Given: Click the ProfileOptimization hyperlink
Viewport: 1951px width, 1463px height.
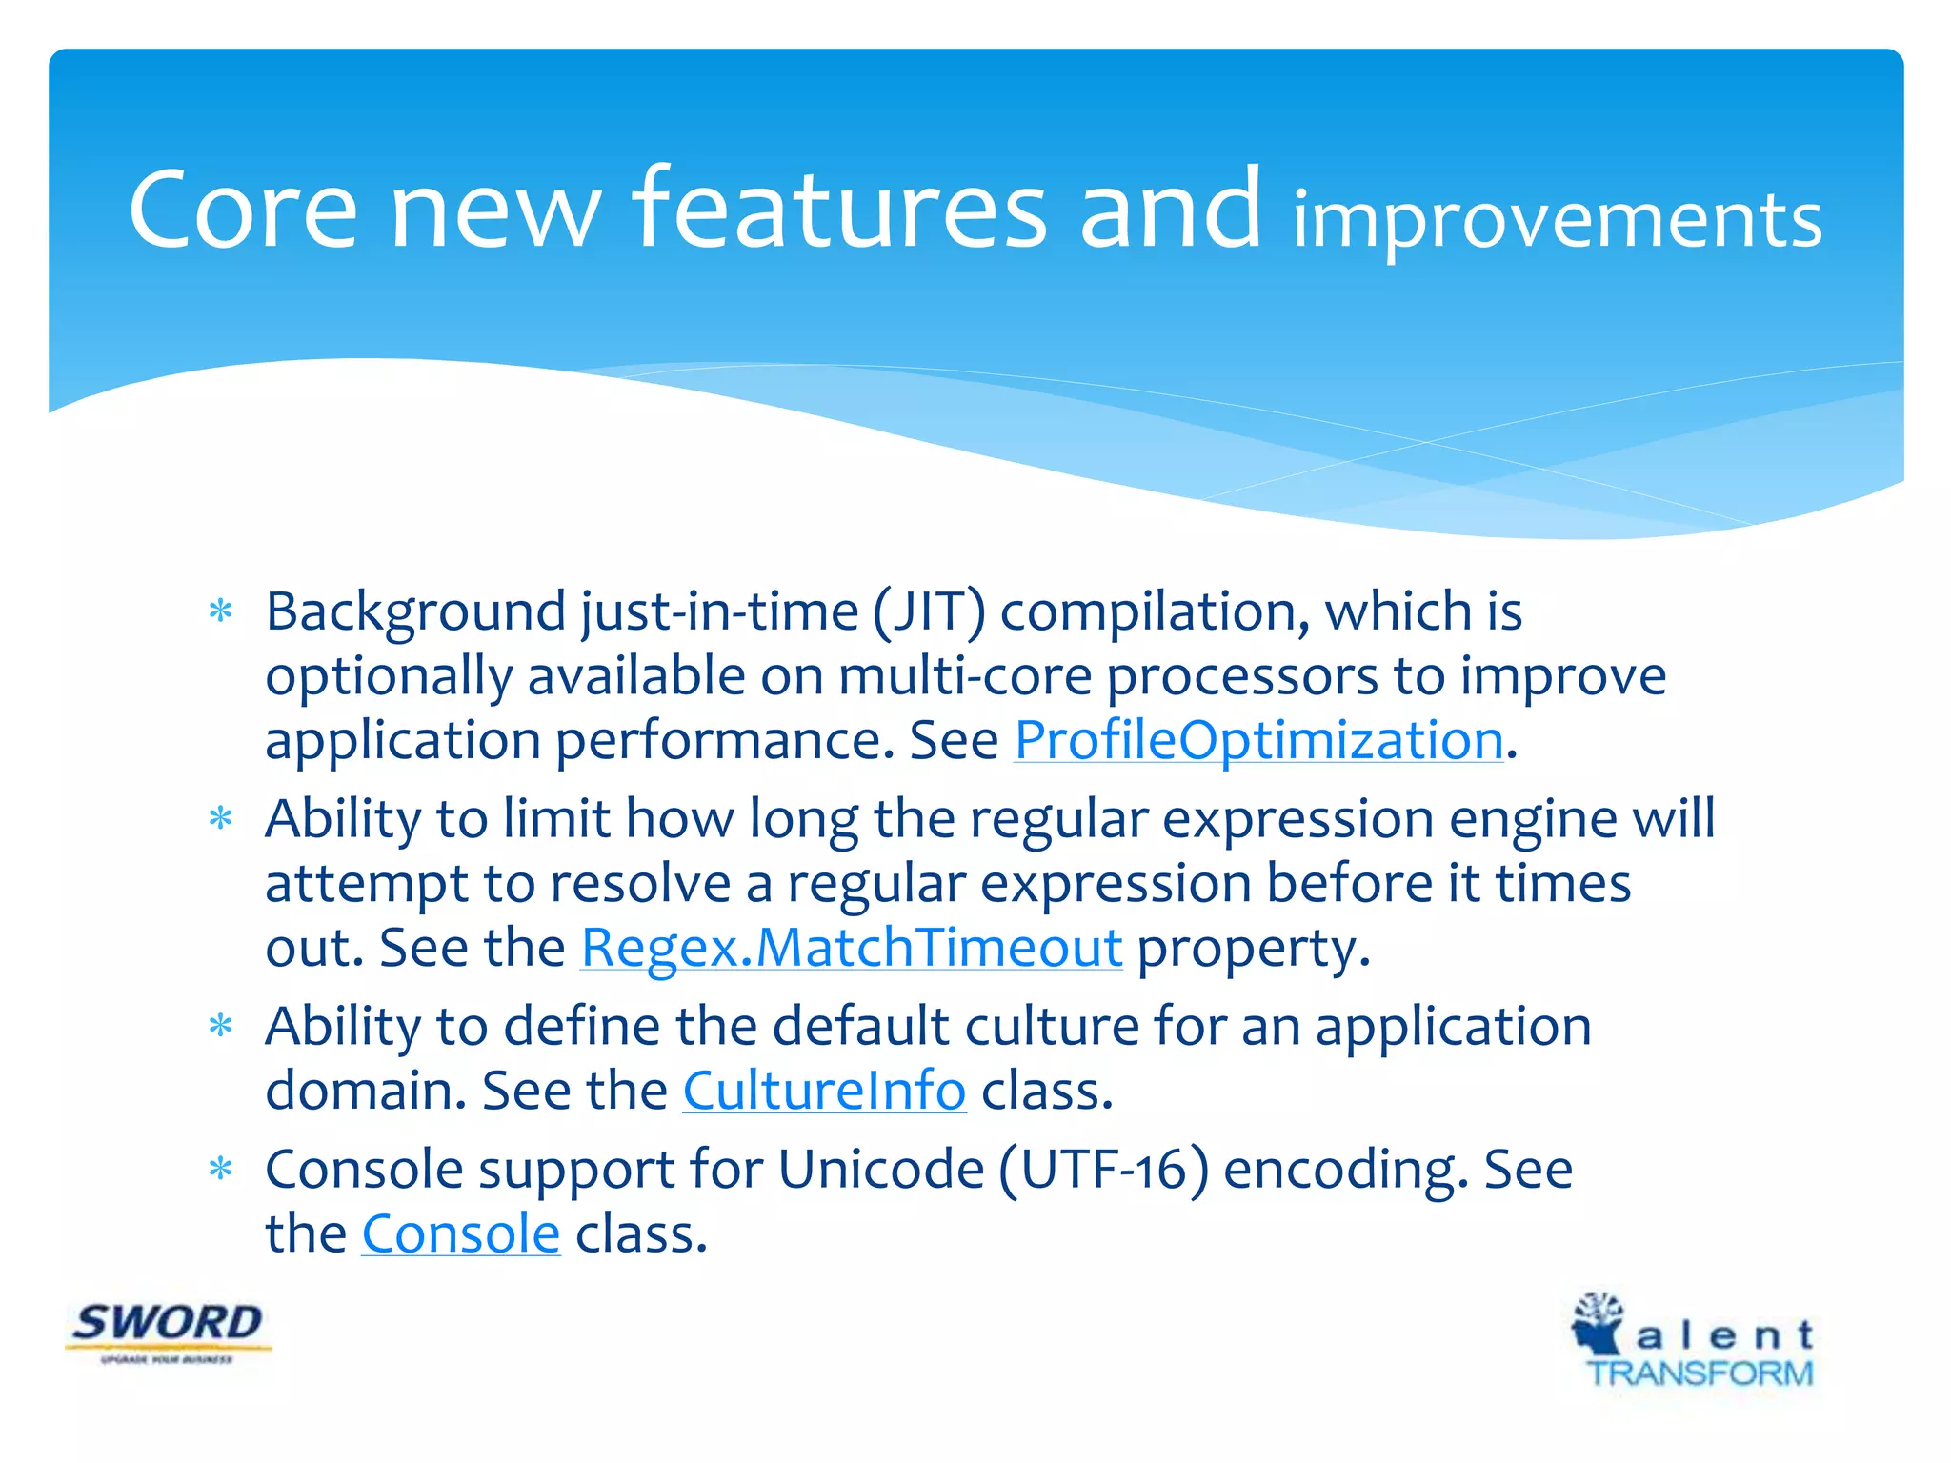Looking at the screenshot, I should pos(1258,740).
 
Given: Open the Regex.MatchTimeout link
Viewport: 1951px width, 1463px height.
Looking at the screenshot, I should pos(851,948).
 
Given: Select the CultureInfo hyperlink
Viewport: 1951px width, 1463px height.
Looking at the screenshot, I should pos(824,1091).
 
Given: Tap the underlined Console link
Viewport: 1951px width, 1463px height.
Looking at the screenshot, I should pos(460,1233).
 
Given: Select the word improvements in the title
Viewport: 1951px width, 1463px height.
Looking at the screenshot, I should pos(1556,221).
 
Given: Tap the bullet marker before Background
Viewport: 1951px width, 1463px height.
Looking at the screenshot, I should pos(221,611).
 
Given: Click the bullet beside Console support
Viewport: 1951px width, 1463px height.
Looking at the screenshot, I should pos(221,1170).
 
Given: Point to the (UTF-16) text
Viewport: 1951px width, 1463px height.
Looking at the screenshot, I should pos(1103,1170).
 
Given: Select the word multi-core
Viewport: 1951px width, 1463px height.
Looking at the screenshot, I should pos(964,676).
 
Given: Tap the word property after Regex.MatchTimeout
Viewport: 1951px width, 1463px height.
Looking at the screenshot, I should pos(1253,950).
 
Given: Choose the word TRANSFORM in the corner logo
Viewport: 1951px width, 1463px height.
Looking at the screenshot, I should pos(1700,1373).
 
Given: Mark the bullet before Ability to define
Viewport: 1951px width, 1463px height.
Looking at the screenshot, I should pos(221,1027).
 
